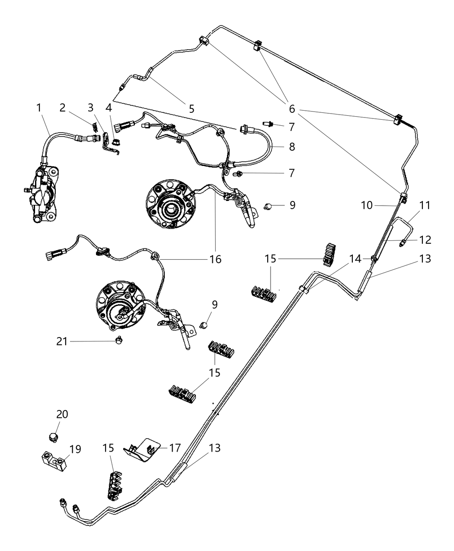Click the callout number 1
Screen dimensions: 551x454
(x=39, y=107)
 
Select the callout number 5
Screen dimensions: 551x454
(x=192, y=108)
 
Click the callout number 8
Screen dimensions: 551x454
(x=292, y=147)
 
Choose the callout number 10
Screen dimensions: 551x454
(x=367, y=205)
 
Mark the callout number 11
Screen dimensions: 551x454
(x=425, y=205)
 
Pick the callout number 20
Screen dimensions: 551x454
(x=62, y=414)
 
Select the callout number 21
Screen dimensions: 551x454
(x=62, y=341)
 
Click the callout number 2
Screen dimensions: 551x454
(x=63, y=107)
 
